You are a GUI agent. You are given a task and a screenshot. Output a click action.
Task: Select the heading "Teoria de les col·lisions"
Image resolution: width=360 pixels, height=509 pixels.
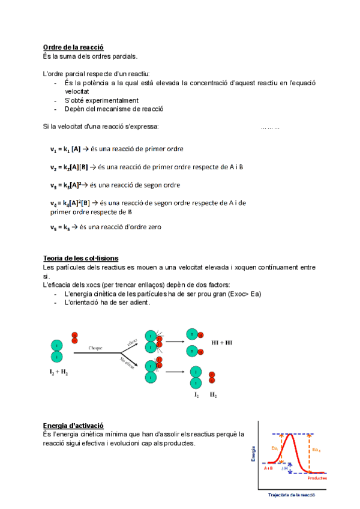tap(80, 258)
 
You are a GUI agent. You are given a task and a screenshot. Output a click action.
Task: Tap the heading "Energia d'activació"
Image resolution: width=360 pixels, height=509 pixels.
tap(73, 425)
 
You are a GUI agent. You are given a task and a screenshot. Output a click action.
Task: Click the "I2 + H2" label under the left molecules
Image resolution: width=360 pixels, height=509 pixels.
tap(59, 373)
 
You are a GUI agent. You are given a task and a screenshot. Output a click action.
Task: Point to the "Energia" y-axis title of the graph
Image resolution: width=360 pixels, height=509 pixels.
tap(254, 453)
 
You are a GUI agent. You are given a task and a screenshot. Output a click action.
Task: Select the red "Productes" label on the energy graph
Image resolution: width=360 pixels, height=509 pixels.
tap(317, 478)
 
